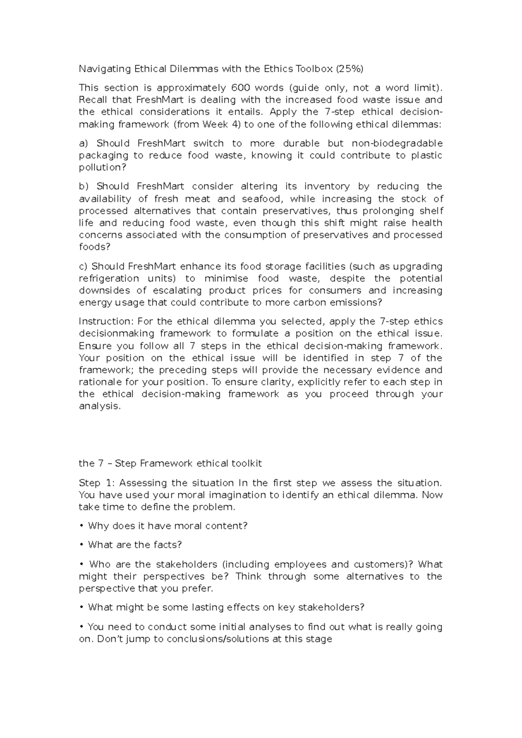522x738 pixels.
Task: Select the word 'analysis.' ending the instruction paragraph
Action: tap(100, 406)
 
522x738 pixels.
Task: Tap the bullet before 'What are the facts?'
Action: tap(81, 545)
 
